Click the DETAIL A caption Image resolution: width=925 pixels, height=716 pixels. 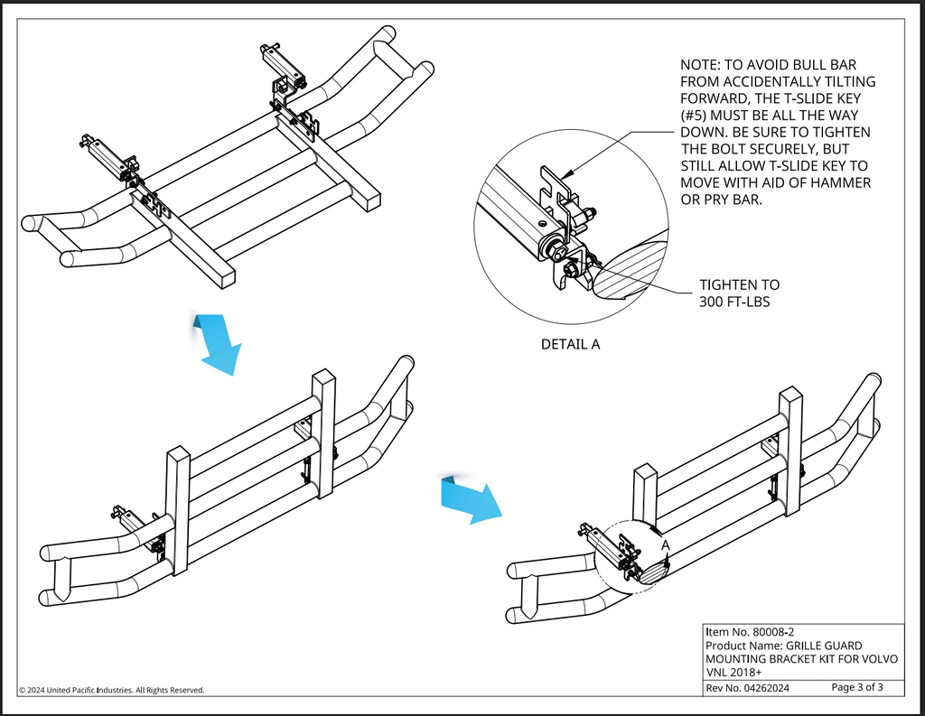(570, 344)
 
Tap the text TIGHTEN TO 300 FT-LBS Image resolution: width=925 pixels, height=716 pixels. (739, 293)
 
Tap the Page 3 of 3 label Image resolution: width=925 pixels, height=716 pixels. (856, 688)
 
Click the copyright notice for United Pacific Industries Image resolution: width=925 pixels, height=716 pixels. (111, 690)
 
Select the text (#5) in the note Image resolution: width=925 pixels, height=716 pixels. (697, 116)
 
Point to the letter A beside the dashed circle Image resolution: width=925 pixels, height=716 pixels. (665, 545)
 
